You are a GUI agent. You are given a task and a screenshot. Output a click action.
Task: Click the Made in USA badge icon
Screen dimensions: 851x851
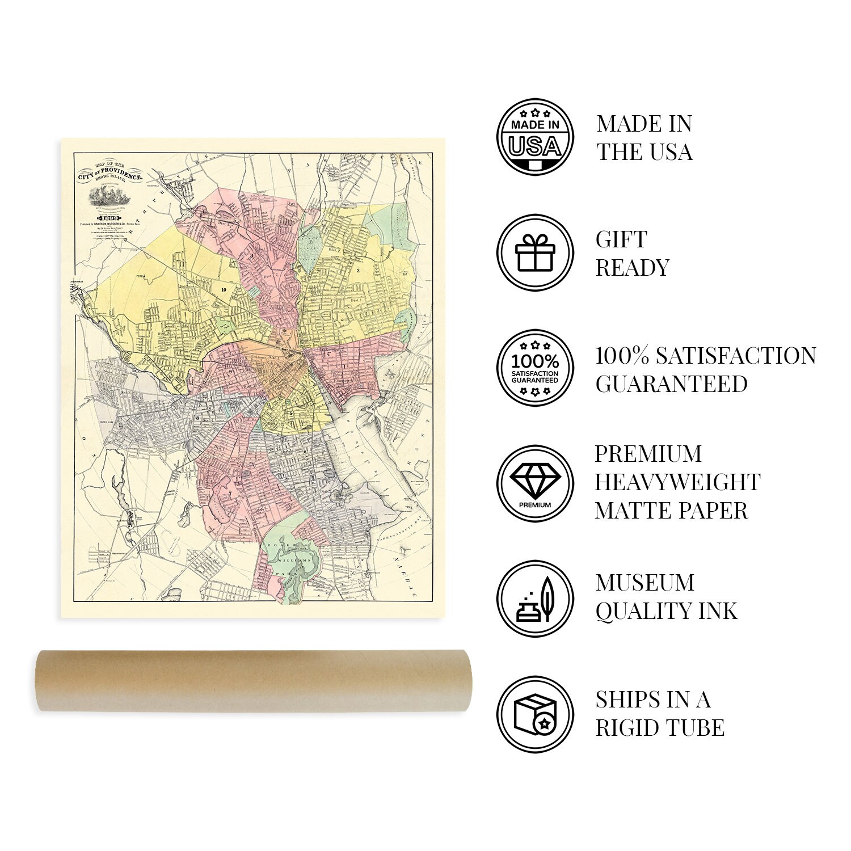[535, 137]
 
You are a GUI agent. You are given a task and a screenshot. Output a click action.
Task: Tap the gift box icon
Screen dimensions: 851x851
[535, 253]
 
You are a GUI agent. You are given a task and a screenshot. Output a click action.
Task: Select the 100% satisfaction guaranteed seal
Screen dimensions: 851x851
[535, 369]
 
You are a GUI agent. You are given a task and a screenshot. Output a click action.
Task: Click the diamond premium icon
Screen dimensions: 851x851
[535, 483]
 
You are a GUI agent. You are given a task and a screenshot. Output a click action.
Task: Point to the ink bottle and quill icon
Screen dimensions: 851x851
[535, 598]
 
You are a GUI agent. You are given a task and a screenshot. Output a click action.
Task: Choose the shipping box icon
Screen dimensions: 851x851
[535, 714]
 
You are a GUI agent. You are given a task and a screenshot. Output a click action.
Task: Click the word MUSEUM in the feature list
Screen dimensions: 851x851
[645, 583]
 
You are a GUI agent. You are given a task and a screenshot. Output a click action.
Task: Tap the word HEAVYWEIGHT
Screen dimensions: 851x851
[677, 482]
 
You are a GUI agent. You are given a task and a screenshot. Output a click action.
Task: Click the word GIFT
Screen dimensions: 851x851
[621, 239]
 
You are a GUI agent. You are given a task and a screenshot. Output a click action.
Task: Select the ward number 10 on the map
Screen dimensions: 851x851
[224, 290]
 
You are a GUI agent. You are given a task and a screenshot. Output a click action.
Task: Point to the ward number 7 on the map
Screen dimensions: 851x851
[230, 494]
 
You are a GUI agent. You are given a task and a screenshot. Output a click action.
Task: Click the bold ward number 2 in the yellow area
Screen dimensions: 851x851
[358, 271]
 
